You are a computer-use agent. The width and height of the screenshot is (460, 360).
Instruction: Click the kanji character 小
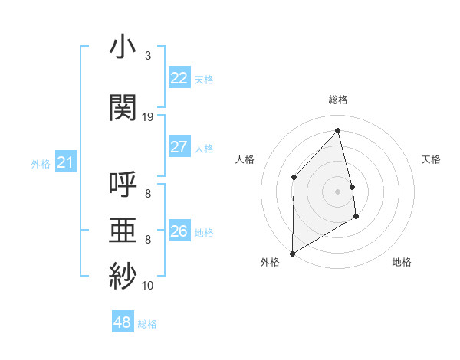[123, 48]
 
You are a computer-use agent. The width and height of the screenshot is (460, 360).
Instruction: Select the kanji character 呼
[123, 186]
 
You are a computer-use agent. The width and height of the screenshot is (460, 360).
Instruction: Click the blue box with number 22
[179, 78]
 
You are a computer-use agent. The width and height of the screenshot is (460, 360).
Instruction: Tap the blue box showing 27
[179, 147]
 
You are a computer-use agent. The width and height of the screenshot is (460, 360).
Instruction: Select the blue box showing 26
[179, 231]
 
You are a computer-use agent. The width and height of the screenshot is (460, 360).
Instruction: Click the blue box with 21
[66, 162]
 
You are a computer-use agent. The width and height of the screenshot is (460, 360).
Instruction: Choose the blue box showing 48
[123, 322]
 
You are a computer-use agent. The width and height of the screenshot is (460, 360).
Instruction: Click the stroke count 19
[148, 117]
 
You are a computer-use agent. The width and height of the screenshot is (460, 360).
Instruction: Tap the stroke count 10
[148, 286]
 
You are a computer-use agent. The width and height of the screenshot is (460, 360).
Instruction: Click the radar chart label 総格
[338, 100]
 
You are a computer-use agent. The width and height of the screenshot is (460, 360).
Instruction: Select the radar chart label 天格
[431, 159]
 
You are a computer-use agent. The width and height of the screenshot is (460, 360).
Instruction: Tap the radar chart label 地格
[402, 263]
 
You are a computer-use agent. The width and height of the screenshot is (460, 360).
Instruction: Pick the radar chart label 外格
[270, 263]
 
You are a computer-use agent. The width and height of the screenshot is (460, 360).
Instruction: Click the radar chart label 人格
[245, 159]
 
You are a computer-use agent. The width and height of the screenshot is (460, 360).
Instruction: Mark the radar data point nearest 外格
[292, 253]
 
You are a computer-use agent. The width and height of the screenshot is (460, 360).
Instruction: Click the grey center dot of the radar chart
[337, 191]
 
